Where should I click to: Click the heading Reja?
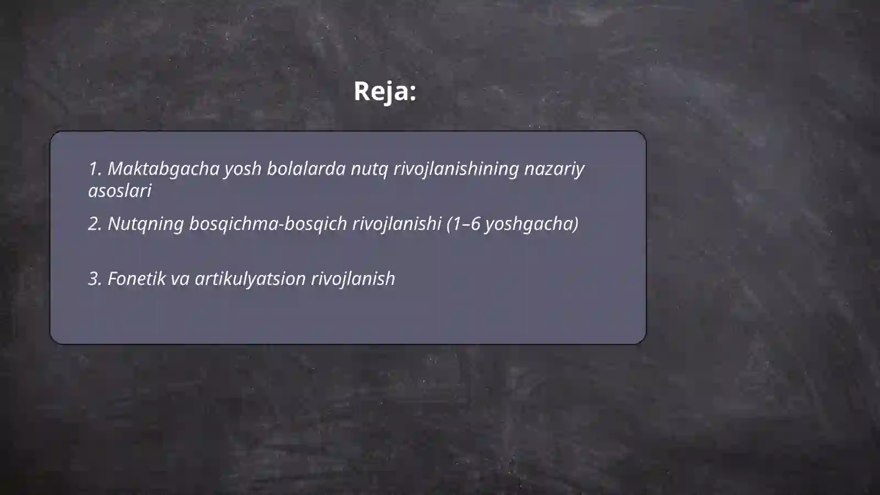(384, 91)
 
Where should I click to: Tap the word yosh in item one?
(243, 169)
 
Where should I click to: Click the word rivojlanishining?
(456, 169)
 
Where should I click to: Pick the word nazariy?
(554, 169)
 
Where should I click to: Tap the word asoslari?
(119, 191)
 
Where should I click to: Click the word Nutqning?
(145, 224)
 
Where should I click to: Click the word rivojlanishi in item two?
(397, 224)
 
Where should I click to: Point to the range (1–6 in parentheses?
(463, 224)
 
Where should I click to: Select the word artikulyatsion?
(250, 279)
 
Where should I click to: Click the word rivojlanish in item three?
(353, 279)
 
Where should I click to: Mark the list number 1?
(95, 169)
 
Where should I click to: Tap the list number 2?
(95, 224)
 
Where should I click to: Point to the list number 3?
(95, 279)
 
